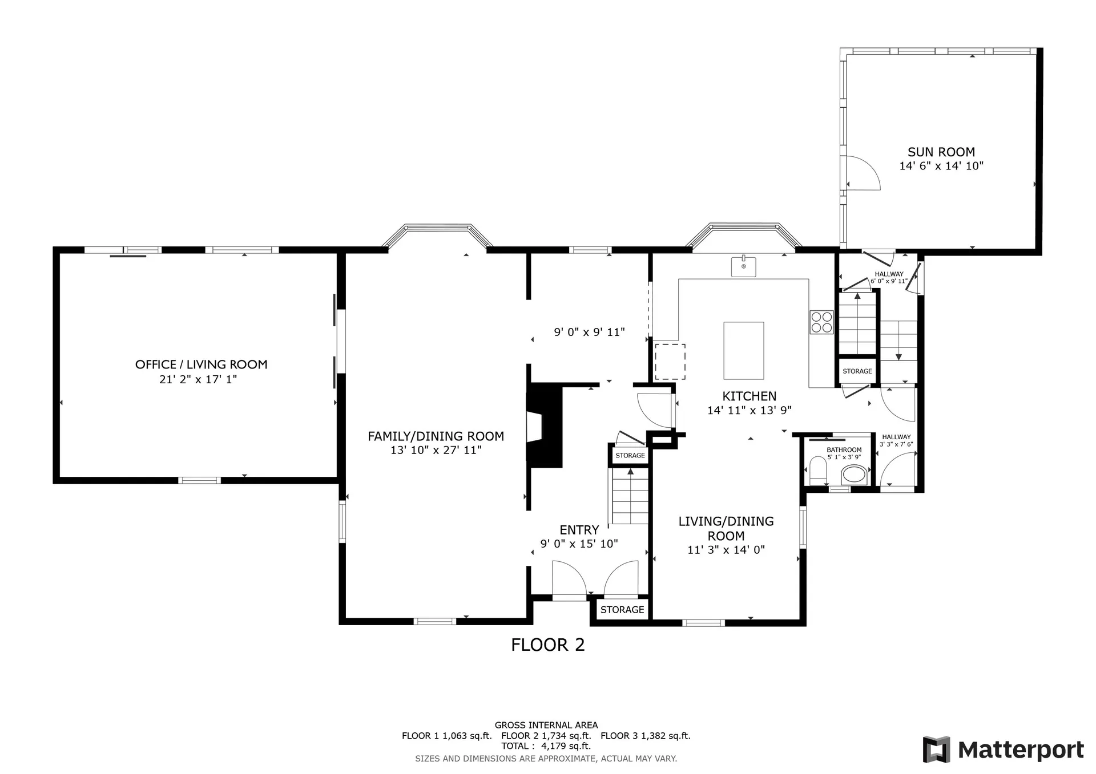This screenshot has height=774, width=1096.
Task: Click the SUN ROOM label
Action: click(941, 152)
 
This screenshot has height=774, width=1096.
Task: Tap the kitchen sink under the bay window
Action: click(744, 266)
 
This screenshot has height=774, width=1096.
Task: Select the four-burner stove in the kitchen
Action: click(821, 322)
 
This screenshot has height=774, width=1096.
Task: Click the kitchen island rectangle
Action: click(744, 351)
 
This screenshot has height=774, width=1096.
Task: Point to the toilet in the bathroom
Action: click(818, 471)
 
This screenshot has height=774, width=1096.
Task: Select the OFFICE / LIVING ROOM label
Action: click(202, 364)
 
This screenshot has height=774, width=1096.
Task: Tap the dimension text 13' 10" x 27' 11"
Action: click(436, 450)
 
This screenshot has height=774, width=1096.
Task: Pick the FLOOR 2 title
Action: click(548, 645)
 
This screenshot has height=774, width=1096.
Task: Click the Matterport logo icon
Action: click(936, 749)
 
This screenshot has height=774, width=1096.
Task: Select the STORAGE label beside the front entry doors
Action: click(622, 610)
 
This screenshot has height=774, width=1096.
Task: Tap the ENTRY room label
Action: click(579, 530)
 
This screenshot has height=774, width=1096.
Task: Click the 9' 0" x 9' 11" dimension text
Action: click(590, 332)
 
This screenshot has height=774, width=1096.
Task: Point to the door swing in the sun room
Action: click(863, 173)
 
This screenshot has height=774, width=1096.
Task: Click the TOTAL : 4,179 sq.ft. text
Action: click(546, 746)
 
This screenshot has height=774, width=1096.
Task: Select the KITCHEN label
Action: click(750, 396)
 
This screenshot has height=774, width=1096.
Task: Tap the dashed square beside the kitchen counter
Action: click(670, 362)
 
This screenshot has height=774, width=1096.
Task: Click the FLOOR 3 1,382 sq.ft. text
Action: click(646, 736)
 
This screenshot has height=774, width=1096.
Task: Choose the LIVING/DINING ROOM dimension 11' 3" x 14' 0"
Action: click(726, 550)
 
